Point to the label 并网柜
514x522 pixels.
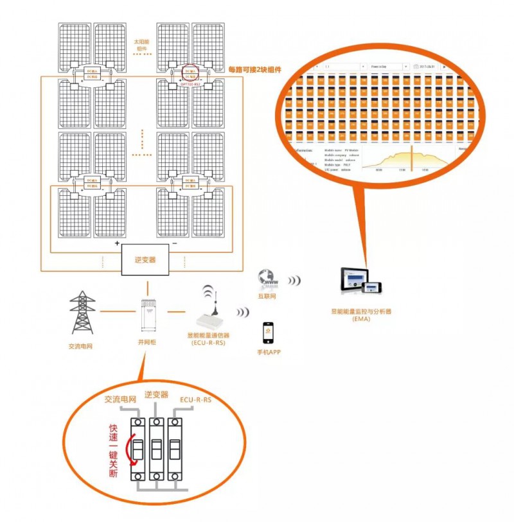(147, 342)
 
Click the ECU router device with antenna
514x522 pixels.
(210, 310)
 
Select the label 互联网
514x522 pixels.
(267, 296)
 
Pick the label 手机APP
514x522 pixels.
(268, 352)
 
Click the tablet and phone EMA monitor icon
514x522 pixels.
(359, 283)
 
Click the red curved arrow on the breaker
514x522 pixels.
(133, 449)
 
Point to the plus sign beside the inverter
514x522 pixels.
(117, 244)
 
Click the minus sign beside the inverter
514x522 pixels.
(175, 244)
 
